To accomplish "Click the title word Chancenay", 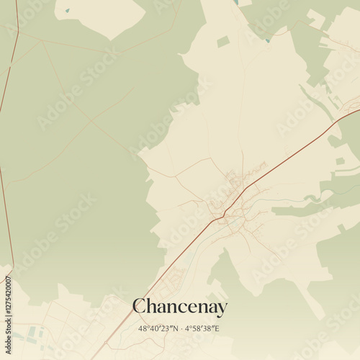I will (180, 307).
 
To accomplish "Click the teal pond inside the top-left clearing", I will (67, 11).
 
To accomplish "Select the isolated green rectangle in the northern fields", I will (223, 42).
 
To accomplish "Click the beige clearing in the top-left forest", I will (101, 16).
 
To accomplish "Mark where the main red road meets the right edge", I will (358, 110).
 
